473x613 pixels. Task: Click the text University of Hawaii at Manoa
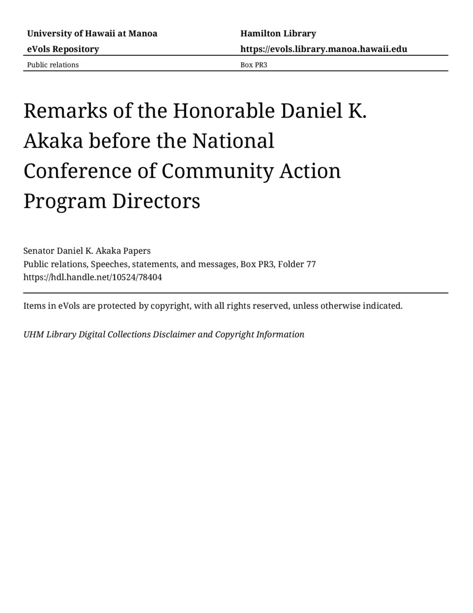coord(92,34)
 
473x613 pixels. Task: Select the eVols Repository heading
coord(63,49)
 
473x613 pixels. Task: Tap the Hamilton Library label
coord(278,34)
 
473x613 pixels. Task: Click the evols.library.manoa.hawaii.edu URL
coord(323,49)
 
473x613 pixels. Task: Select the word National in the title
coord(233,140)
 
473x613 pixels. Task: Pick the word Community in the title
coord(217,171)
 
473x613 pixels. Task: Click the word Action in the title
coord(310,171)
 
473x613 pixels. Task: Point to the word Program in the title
coord(64,201)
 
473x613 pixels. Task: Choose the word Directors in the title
coord(156,201)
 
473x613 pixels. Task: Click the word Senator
coord(39,251)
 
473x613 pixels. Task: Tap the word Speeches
coord(109,264)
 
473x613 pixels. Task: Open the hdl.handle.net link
coord(92,277)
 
